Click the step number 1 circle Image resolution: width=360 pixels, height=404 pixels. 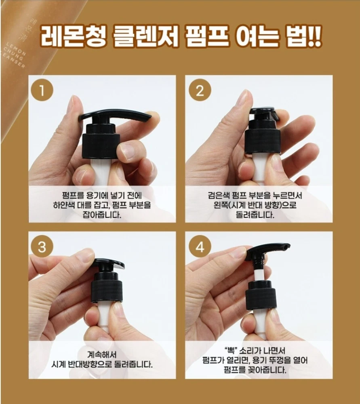tap(42, 90)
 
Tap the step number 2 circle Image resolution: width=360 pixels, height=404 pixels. tap(200, 90)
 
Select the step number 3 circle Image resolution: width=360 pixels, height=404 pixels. tap(42, 246)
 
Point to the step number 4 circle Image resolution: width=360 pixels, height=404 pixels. tap(200, 246)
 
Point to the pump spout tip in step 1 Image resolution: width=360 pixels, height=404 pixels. tap(147, 118)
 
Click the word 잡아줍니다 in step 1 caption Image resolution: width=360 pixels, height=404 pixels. tap(102, 215)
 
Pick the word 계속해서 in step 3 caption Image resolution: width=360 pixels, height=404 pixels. tap(102, 355)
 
